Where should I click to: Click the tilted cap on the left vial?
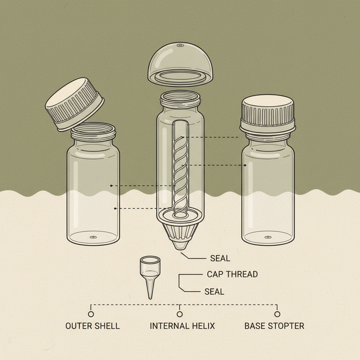[75, 104]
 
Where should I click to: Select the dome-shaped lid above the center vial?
[180, 63]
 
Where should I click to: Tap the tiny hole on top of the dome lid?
[180, 45]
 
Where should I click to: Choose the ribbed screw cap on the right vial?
[267, 112]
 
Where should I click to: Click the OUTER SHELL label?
[92, 326]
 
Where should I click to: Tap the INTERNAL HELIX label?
[182, 326]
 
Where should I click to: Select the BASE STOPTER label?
[274, 326]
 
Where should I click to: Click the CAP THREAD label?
[232, 274]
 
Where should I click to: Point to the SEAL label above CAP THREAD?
[220, 258]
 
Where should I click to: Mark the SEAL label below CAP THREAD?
[214, 291]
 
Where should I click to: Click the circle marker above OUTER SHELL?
[91, 314]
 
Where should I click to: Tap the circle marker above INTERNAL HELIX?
[180, 314]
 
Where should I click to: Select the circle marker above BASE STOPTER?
[277, 314]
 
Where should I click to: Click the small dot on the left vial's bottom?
[93, 237]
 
